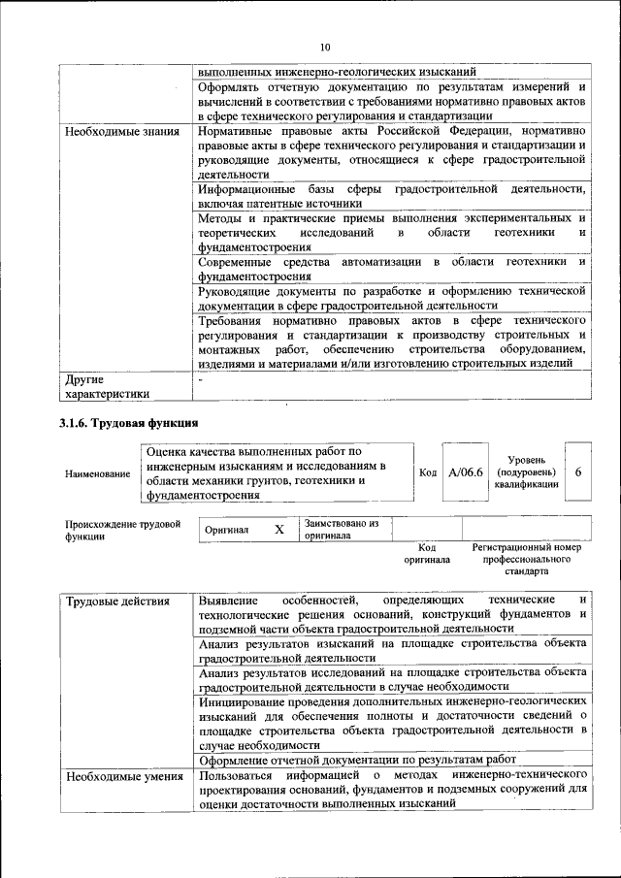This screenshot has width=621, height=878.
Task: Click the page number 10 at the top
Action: [x=324, y=47]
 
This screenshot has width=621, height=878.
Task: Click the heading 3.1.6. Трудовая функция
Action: [x=129, y=422]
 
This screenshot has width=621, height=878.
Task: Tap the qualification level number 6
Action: [x=578, y=472]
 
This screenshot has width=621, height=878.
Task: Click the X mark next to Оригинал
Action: [x=279, y=530]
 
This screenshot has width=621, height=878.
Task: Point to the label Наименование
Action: [x=98, y=473]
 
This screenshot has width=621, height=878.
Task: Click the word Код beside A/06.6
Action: [x=427, y=472]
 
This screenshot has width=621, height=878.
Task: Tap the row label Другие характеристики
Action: [x=107, y=386]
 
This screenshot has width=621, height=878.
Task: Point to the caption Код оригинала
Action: [x=427, y=553]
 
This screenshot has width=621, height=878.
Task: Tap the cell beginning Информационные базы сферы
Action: [x=390, y=195]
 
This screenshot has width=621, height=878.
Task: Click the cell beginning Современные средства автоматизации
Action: [x=390, y=270]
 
